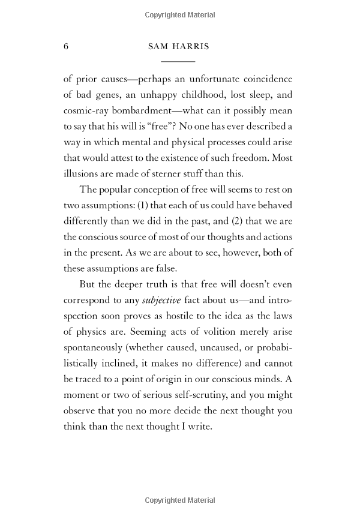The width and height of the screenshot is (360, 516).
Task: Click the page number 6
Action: pos(66,47)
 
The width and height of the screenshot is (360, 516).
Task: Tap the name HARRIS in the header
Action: pos(190,47)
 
